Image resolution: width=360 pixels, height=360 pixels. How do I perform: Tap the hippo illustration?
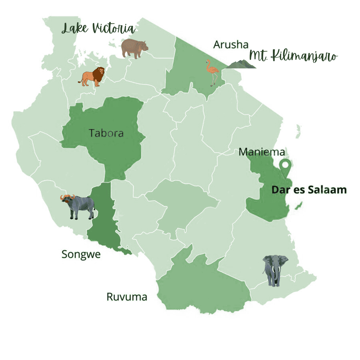coord(134,48)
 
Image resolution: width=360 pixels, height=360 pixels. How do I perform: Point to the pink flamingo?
coord(212,71)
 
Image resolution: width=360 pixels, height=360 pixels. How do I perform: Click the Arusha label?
coord(231,45)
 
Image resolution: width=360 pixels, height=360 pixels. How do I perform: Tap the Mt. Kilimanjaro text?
coord(293,56)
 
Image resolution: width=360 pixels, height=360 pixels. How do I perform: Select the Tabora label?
coord(106,133)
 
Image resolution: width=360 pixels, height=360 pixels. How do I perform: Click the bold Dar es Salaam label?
coord(309,190)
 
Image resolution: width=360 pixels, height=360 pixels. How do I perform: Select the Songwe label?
coord(81,254)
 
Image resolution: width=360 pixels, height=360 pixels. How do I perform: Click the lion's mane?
coord(99,74)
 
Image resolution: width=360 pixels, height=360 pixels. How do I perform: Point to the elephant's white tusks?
coord(275,270)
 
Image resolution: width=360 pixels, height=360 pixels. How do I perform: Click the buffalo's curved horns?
coord(67,197)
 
